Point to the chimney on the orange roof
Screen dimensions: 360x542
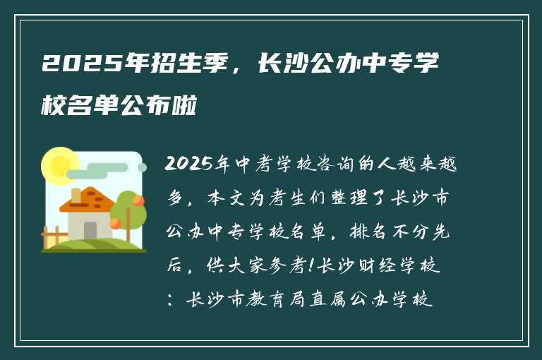pyautogui.click(x=76, y=195)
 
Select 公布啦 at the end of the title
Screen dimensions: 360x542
pyautogui.click(x=169, y=107)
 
